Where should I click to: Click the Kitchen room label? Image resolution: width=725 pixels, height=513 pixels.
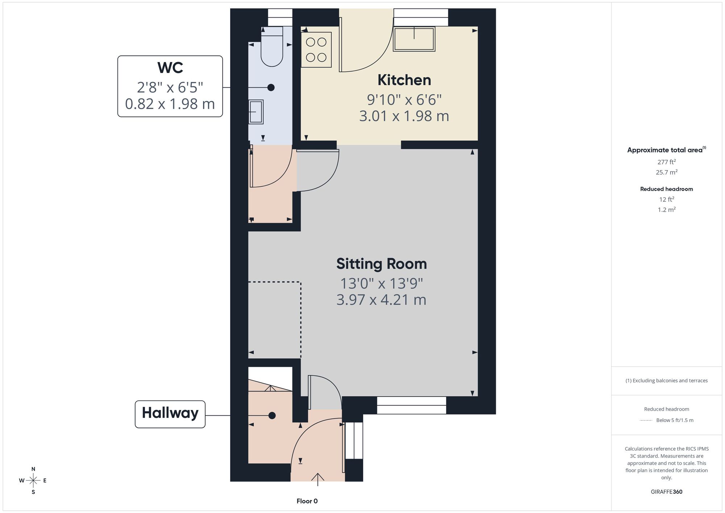pyautogui.click(x=404, y=80)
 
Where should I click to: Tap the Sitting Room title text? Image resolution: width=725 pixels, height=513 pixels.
pyautogui.click(x=381, y=264)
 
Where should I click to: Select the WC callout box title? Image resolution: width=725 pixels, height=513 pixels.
pyautogui.click(x=170, y=68)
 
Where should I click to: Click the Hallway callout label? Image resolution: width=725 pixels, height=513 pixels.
pyautogui.click(x=170, y=413)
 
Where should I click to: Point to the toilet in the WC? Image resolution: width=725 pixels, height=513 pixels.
pyautogui.click(x=272, y=46)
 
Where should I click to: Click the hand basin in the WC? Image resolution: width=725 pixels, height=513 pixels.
pyautogui.click(x=256, y=112)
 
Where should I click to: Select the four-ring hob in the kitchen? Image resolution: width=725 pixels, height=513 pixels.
pyautogui.click(x=316, y=50)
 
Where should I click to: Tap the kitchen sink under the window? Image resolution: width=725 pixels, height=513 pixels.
pyautogui.click(x=414, y=39)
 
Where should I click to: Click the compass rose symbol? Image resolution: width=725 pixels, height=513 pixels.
pyautogui.click(x=33, y=481)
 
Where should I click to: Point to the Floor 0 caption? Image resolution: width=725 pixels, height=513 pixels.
pyautogui.click(x=307, y=501)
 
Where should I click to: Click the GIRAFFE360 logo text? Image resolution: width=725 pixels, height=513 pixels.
pyautogui.click(x=667, y=492)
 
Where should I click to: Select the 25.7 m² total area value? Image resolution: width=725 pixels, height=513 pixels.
pyautogui.click(x=667, y=172)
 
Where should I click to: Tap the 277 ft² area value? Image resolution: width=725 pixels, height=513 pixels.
pyautogui.click(x=667, y=162)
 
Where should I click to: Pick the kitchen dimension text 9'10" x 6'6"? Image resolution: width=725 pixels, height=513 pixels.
pyautogui.click(x=404, y=99)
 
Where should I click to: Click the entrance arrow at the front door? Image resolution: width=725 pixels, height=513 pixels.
pyautogui.click(x=318, y=479)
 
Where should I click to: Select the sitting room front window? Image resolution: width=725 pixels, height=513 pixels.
pyautogui.click(x=411, y=405)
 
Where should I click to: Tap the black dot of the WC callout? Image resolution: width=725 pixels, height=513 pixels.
pyautogui.click(x=271, y=87)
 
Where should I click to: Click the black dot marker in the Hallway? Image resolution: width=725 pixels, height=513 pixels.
pyautogui.click(x=272, y=415)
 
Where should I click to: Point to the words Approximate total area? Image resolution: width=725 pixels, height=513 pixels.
pyautogui.click(x=665, y=150)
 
